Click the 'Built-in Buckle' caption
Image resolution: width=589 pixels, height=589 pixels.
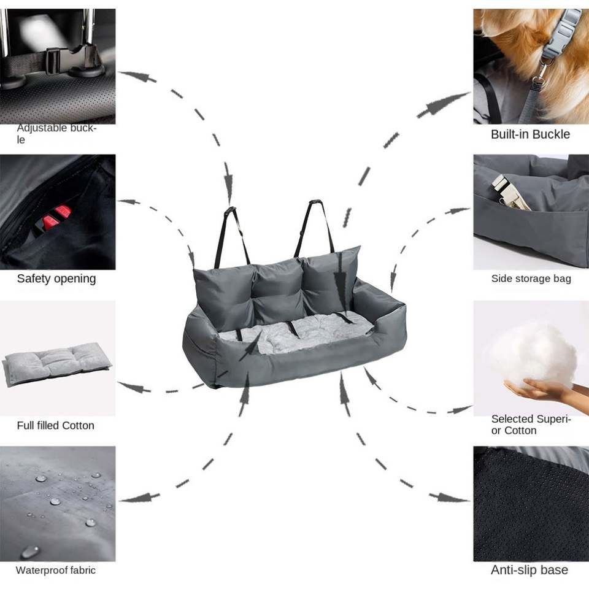pyautogui.click(x=530, y=134)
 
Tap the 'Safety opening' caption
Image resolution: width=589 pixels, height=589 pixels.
pyautogui.click(x=56, y=279)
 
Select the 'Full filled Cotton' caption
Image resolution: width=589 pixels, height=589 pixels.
pyautogui.click(x=56, y=425)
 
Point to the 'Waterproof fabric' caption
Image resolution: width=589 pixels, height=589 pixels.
pyautogui.click(x=56, y=570)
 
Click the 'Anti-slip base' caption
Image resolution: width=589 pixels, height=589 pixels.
pyautogui.click(x=529, y=570)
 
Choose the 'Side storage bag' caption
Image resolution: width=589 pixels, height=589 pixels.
pyautogui.click(x=531, y=279)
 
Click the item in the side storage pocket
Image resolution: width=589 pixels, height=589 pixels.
pyautogui.click(x=509, y=192)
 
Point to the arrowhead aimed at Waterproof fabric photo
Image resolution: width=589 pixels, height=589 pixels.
pyautogui.click(x=134, y=498)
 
